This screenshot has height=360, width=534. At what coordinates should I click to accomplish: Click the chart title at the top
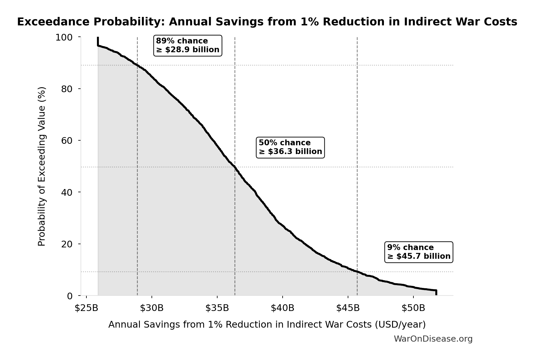tap(267, 22)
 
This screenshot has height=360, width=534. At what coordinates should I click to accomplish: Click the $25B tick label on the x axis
tap(86, 308)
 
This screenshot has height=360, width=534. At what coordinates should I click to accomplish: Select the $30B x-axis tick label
tap(152, 308)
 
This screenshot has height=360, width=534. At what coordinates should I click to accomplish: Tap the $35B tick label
tap(217, 308)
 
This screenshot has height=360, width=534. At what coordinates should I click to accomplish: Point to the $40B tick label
tap(282, 308)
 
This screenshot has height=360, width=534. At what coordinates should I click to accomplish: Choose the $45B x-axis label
tap(348, 308)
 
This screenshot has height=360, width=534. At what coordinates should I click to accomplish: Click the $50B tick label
tap(413, 308)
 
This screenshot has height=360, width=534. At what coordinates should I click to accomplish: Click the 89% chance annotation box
tap(187, 45)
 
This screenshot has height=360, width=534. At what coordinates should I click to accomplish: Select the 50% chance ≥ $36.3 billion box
tap(290, 147)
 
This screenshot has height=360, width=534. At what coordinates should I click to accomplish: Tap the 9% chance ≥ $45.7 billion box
tap(419, 252)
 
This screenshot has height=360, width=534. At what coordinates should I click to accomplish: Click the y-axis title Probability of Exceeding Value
tap(42, 166)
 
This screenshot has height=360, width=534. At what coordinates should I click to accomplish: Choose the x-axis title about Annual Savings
tap(267, 324)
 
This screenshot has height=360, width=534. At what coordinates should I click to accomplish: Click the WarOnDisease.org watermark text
tap(433, 339)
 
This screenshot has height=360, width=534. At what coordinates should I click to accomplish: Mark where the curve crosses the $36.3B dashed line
tap(235, 167)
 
